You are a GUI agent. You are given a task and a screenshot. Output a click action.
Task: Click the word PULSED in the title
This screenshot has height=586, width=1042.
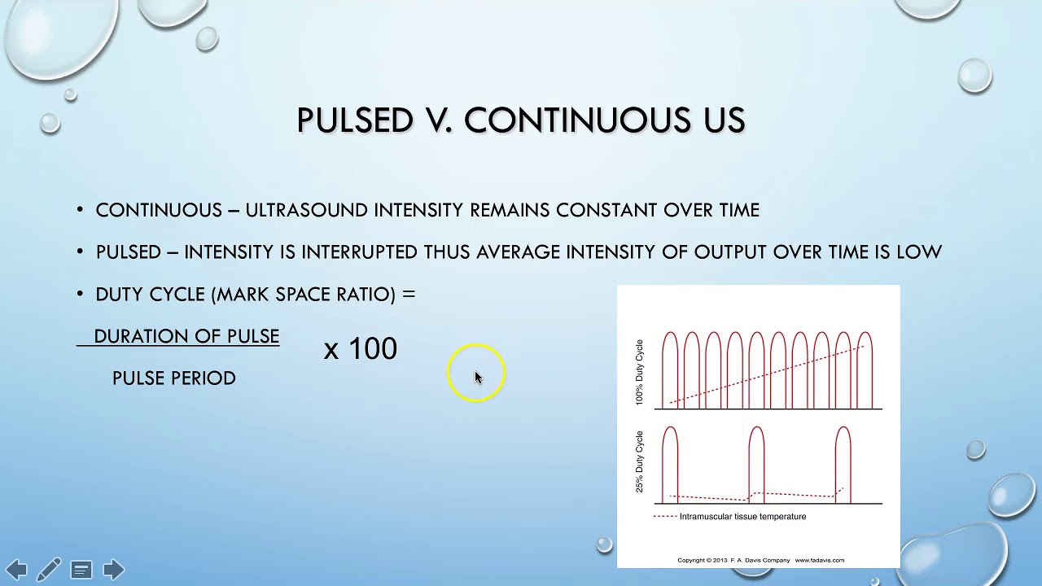click(x=355, y=120)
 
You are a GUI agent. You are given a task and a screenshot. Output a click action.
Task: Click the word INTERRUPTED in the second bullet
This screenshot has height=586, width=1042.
click(x=359, y=252)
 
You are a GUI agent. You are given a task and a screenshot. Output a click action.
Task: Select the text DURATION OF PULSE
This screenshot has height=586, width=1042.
click(x=186, y=336)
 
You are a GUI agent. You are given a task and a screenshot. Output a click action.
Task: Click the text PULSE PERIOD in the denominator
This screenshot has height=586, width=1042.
click(x=174, y=378)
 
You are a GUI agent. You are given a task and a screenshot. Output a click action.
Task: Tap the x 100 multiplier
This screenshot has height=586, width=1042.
click(x=360, y=349)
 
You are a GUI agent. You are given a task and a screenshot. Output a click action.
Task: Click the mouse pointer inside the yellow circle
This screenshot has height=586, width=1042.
click(x=477, y=377)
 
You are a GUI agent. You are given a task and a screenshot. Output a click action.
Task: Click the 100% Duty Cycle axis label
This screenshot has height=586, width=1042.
click(x=639, y=372)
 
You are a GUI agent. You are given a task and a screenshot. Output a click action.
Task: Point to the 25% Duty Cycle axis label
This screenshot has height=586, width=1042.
click(x=639, y=461)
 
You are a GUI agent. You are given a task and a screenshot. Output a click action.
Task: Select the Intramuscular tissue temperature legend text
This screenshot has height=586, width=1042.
click(x=742, y=517)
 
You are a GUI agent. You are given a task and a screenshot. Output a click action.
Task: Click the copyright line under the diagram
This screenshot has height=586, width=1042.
click(x=760, y=560)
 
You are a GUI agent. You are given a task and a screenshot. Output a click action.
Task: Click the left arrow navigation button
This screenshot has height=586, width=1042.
click(x=16, y=569)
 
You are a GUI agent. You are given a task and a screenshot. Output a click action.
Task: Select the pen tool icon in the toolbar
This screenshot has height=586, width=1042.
click(x=48, y=569)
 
